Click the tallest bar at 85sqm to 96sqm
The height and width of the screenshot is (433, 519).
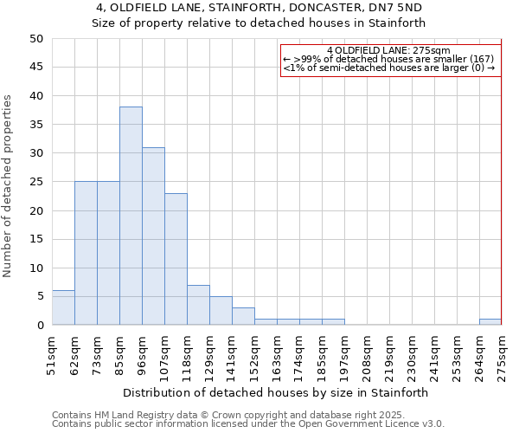pyautogui.click(x=131, y=216)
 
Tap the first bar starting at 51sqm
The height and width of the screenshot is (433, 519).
pyautogui.click(x=63, y=308)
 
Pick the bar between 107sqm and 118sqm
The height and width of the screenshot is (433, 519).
pyautogui.click(x=176, y=259)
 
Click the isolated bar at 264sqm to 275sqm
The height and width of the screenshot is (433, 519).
pyautogui.click(x=490, y=322)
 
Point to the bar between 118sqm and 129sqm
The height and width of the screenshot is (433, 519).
pyautogui.click(x=198, y=305)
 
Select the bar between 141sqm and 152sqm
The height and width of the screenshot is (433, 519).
pyautogui.click(x=243, y=316)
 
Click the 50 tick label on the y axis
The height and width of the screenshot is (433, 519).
pyautogui.click(x=35, y=39)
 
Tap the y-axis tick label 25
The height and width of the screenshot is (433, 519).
pyautogui.click(x=35, y=182)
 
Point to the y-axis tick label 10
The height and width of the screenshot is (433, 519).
pyautogui.click(x=35, y=268)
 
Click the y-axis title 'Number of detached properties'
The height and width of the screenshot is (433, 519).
pyautogui.click(x=9, y=186)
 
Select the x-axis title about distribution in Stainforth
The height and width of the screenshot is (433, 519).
pyautogui.click(x=277, y=392)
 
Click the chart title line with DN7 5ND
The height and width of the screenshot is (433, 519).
pyautogui.click(x=259, y=7)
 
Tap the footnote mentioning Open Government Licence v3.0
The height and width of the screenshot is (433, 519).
pyautogui.click(x=248, y=423)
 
